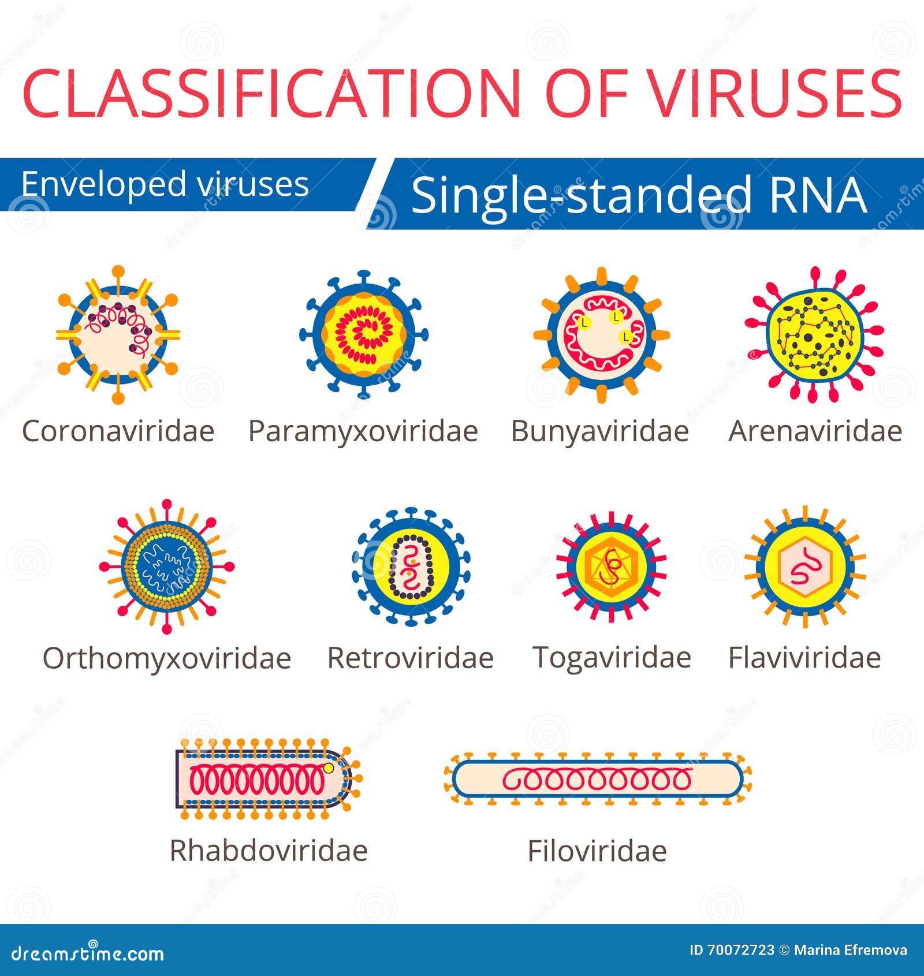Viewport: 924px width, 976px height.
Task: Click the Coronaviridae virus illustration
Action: click(x=118, y=334)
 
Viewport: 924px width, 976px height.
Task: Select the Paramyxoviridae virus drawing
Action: click(x=364, y=334)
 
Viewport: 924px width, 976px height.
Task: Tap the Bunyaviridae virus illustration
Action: click(x=601, y=334)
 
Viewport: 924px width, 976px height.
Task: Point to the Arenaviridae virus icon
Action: click(x=815, y=334)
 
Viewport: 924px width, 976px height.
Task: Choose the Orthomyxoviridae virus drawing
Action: click(x=167, y=566)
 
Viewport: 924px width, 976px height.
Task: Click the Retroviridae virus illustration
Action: click(x=411, y=566)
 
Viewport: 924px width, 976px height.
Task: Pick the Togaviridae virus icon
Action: click(x=612, y=566)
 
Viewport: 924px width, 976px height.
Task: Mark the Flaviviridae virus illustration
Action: click(x=805, y=566)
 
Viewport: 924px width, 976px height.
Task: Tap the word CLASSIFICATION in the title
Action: click(x=271, y=94)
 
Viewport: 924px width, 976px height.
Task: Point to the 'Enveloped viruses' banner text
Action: click(x=165, y=184)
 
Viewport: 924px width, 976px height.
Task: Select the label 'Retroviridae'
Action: click(x=411, y=658)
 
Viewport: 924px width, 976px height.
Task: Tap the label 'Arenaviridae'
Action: click(x=815, y=431)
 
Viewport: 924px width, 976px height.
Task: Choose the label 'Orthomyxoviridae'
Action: click(x=167, y=658)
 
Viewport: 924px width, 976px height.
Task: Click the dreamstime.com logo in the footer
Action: click(x=88, y=953)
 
